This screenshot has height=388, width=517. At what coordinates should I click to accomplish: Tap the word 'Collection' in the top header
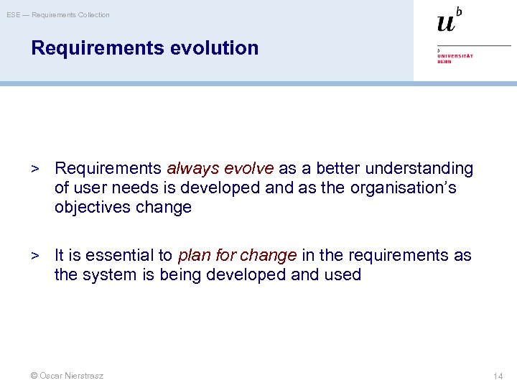point(92,15)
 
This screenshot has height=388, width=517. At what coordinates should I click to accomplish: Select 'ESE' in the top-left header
point(14,15)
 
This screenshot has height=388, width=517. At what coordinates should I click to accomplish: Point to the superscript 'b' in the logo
point(459,11)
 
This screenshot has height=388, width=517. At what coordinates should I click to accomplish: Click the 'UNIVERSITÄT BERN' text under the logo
point(455,57)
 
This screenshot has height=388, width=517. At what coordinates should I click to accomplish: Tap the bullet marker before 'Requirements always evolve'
point(33,169)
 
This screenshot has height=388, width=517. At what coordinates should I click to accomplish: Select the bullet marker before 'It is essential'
point(33,255)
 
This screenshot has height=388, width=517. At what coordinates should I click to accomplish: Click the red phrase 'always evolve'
point(220,168)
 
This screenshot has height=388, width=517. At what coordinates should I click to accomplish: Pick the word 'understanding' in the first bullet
point(419,168)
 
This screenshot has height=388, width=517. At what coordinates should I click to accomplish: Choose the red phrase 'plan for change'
point(237,255)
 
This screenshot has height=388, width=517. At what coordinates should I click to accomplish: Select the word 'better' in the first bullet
point(337,168)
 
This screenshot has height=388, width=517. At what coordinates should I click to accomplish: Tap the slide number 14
point(498,376)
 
